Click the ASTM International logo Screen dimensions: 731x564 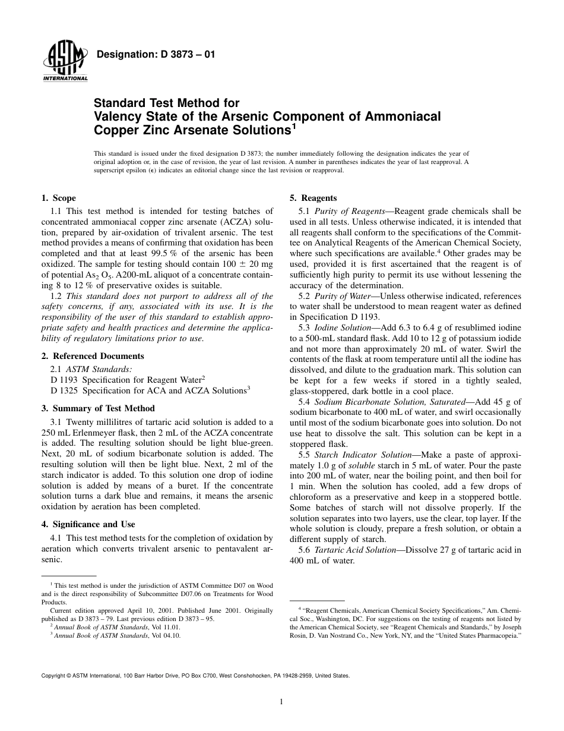pyautogui.click(x=65, y=62)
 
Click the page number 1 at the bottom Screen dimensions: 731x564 pyautogui.click(x=281, y=701)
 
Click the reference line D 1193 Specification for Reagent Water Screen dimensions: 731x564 pyautogui.click(x=128, y=379)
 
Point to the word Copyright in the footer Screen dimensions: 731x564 pyautogui.click(x=53, y=676)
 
